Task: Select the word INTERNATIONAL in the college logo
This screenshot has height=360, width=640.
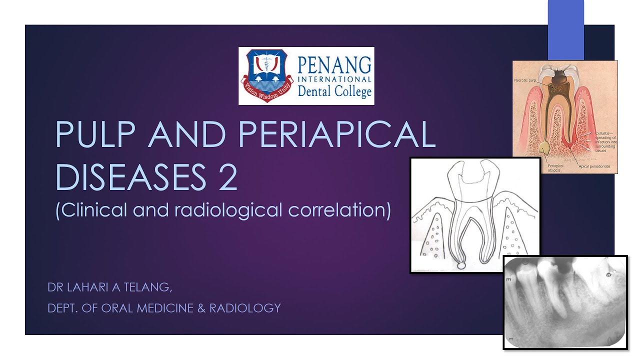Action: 334,79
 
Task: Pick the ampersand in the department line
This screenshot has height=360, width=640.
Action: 201,308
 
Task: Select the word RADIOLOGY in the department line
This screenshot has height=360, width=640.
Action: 245,308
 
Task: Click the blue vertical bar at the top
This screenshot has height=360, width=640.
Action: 565,30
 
